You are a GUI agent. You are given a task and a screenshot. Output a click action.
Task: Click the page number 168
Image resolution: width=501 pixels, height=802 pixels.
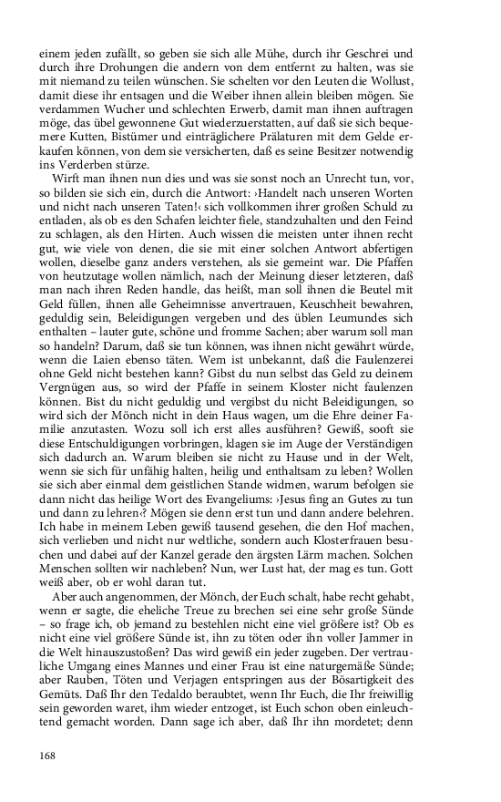48,755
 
